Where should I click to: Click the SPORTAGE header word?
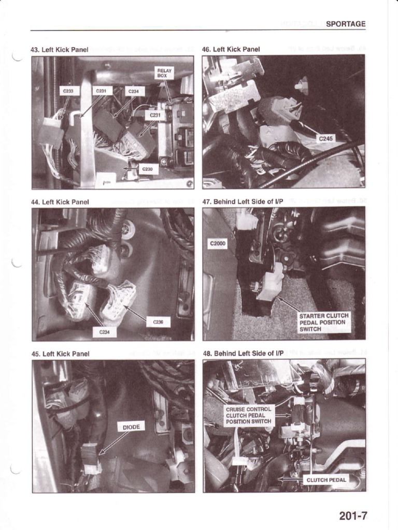click(x=346, y=24)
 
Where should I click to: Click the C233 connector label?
click(x=68, y=91)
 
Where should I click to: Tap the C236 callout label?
click(x=158, y=321)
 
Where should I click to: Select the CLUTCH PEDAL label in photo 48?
click(x=326, y=479)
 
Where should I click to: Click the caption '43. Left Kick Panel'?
click(x=60, y=50)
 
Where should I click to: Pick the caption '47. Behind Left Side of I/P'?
click(x=243, y=201)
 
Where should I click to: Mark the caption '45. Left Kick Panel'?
click(x=60, y=354)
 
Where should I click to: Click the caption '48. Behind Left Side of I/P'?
click(x=243, y=354)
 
